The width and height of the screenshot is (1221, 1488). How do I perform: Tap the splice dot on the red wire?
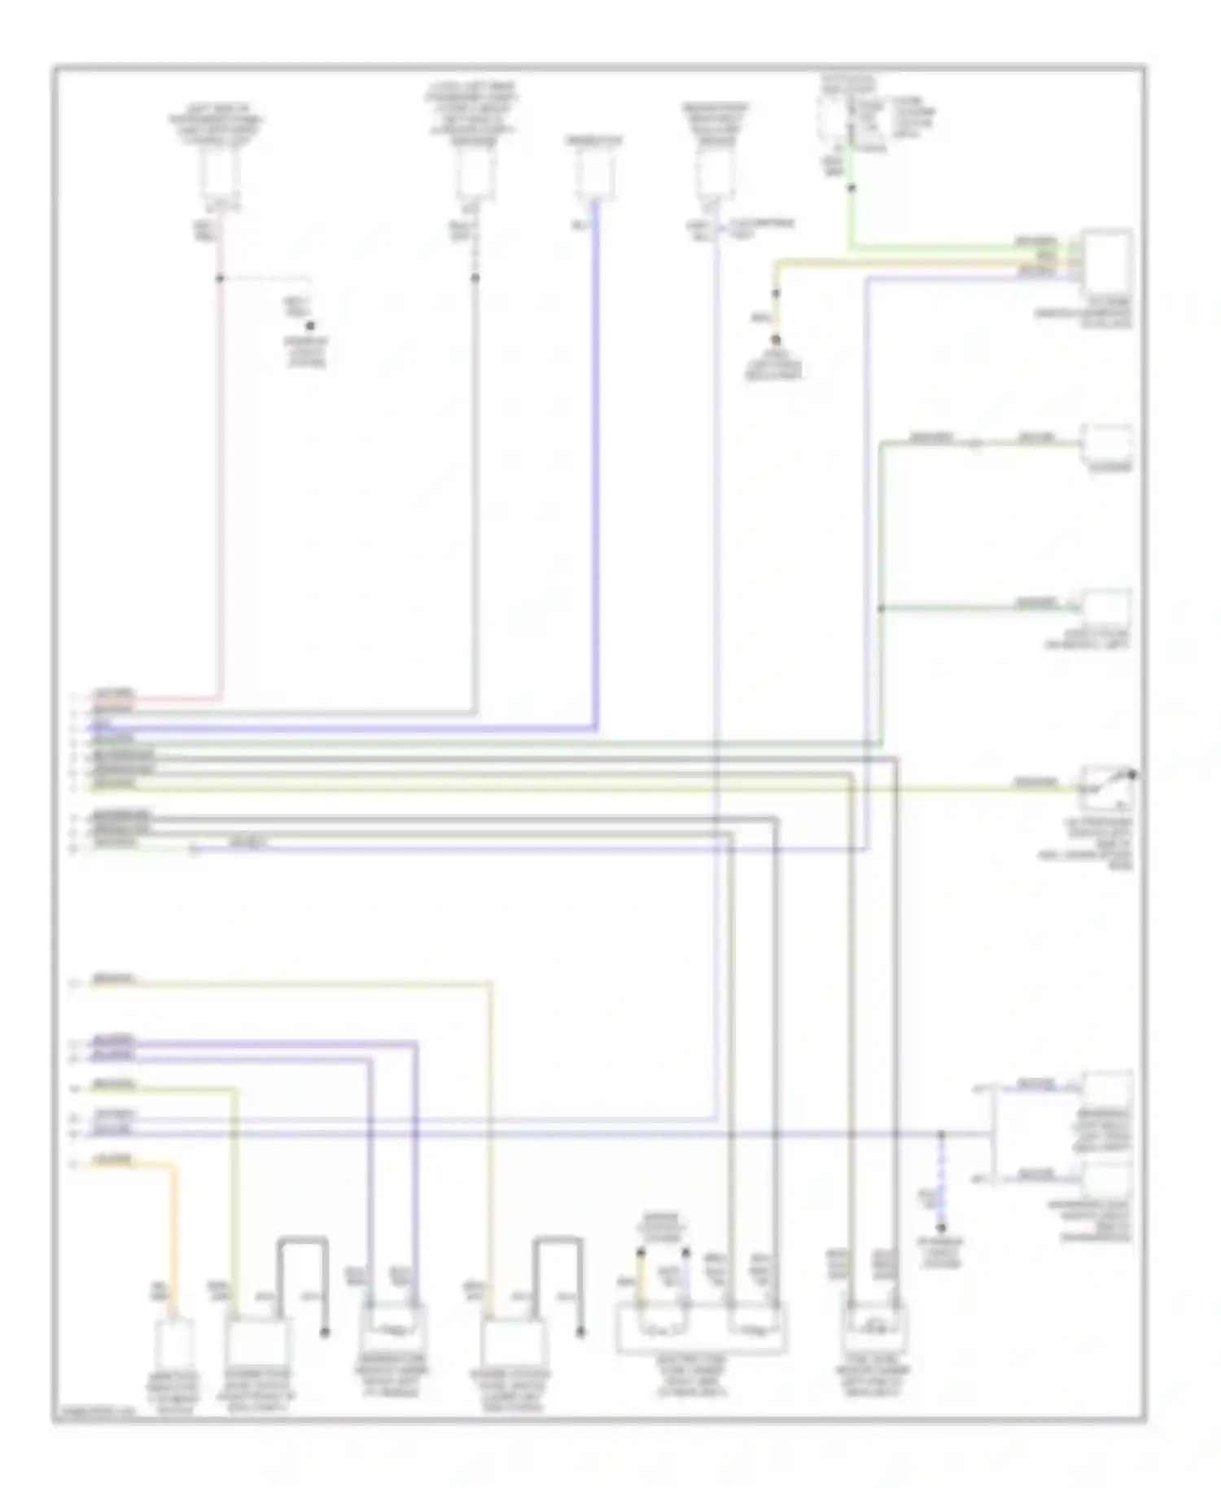[220, 278]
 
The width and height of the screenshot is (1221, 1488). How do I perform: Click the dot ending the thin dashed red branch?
[310, 326]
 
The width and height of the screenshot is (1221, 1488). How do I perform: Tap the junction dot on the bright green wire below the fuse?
[851, 188]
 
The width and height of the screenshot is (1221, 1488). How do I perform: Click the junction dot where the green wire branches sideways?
[882, 609]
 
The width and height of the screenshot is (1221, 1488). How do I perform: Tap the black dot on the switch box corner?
[1133, 775]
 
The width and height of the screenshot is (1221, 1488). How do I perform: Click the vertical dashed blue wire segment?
[942, 1180]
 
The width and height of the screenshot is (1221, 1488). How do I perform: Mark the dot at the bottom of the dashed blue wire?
[942, 1228]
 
